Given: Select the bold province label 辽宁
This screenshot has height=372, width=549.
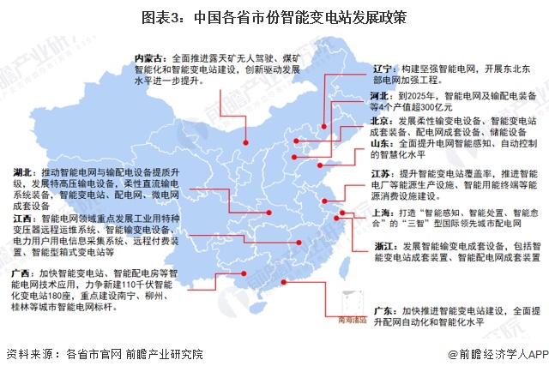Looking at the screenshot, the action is pos(359,67).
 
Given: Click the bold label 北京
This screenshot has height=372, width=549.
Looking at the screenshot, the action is pos(358,122).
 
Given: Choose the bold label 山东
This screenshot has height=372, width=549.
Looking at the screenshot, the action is pos(358,146).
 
